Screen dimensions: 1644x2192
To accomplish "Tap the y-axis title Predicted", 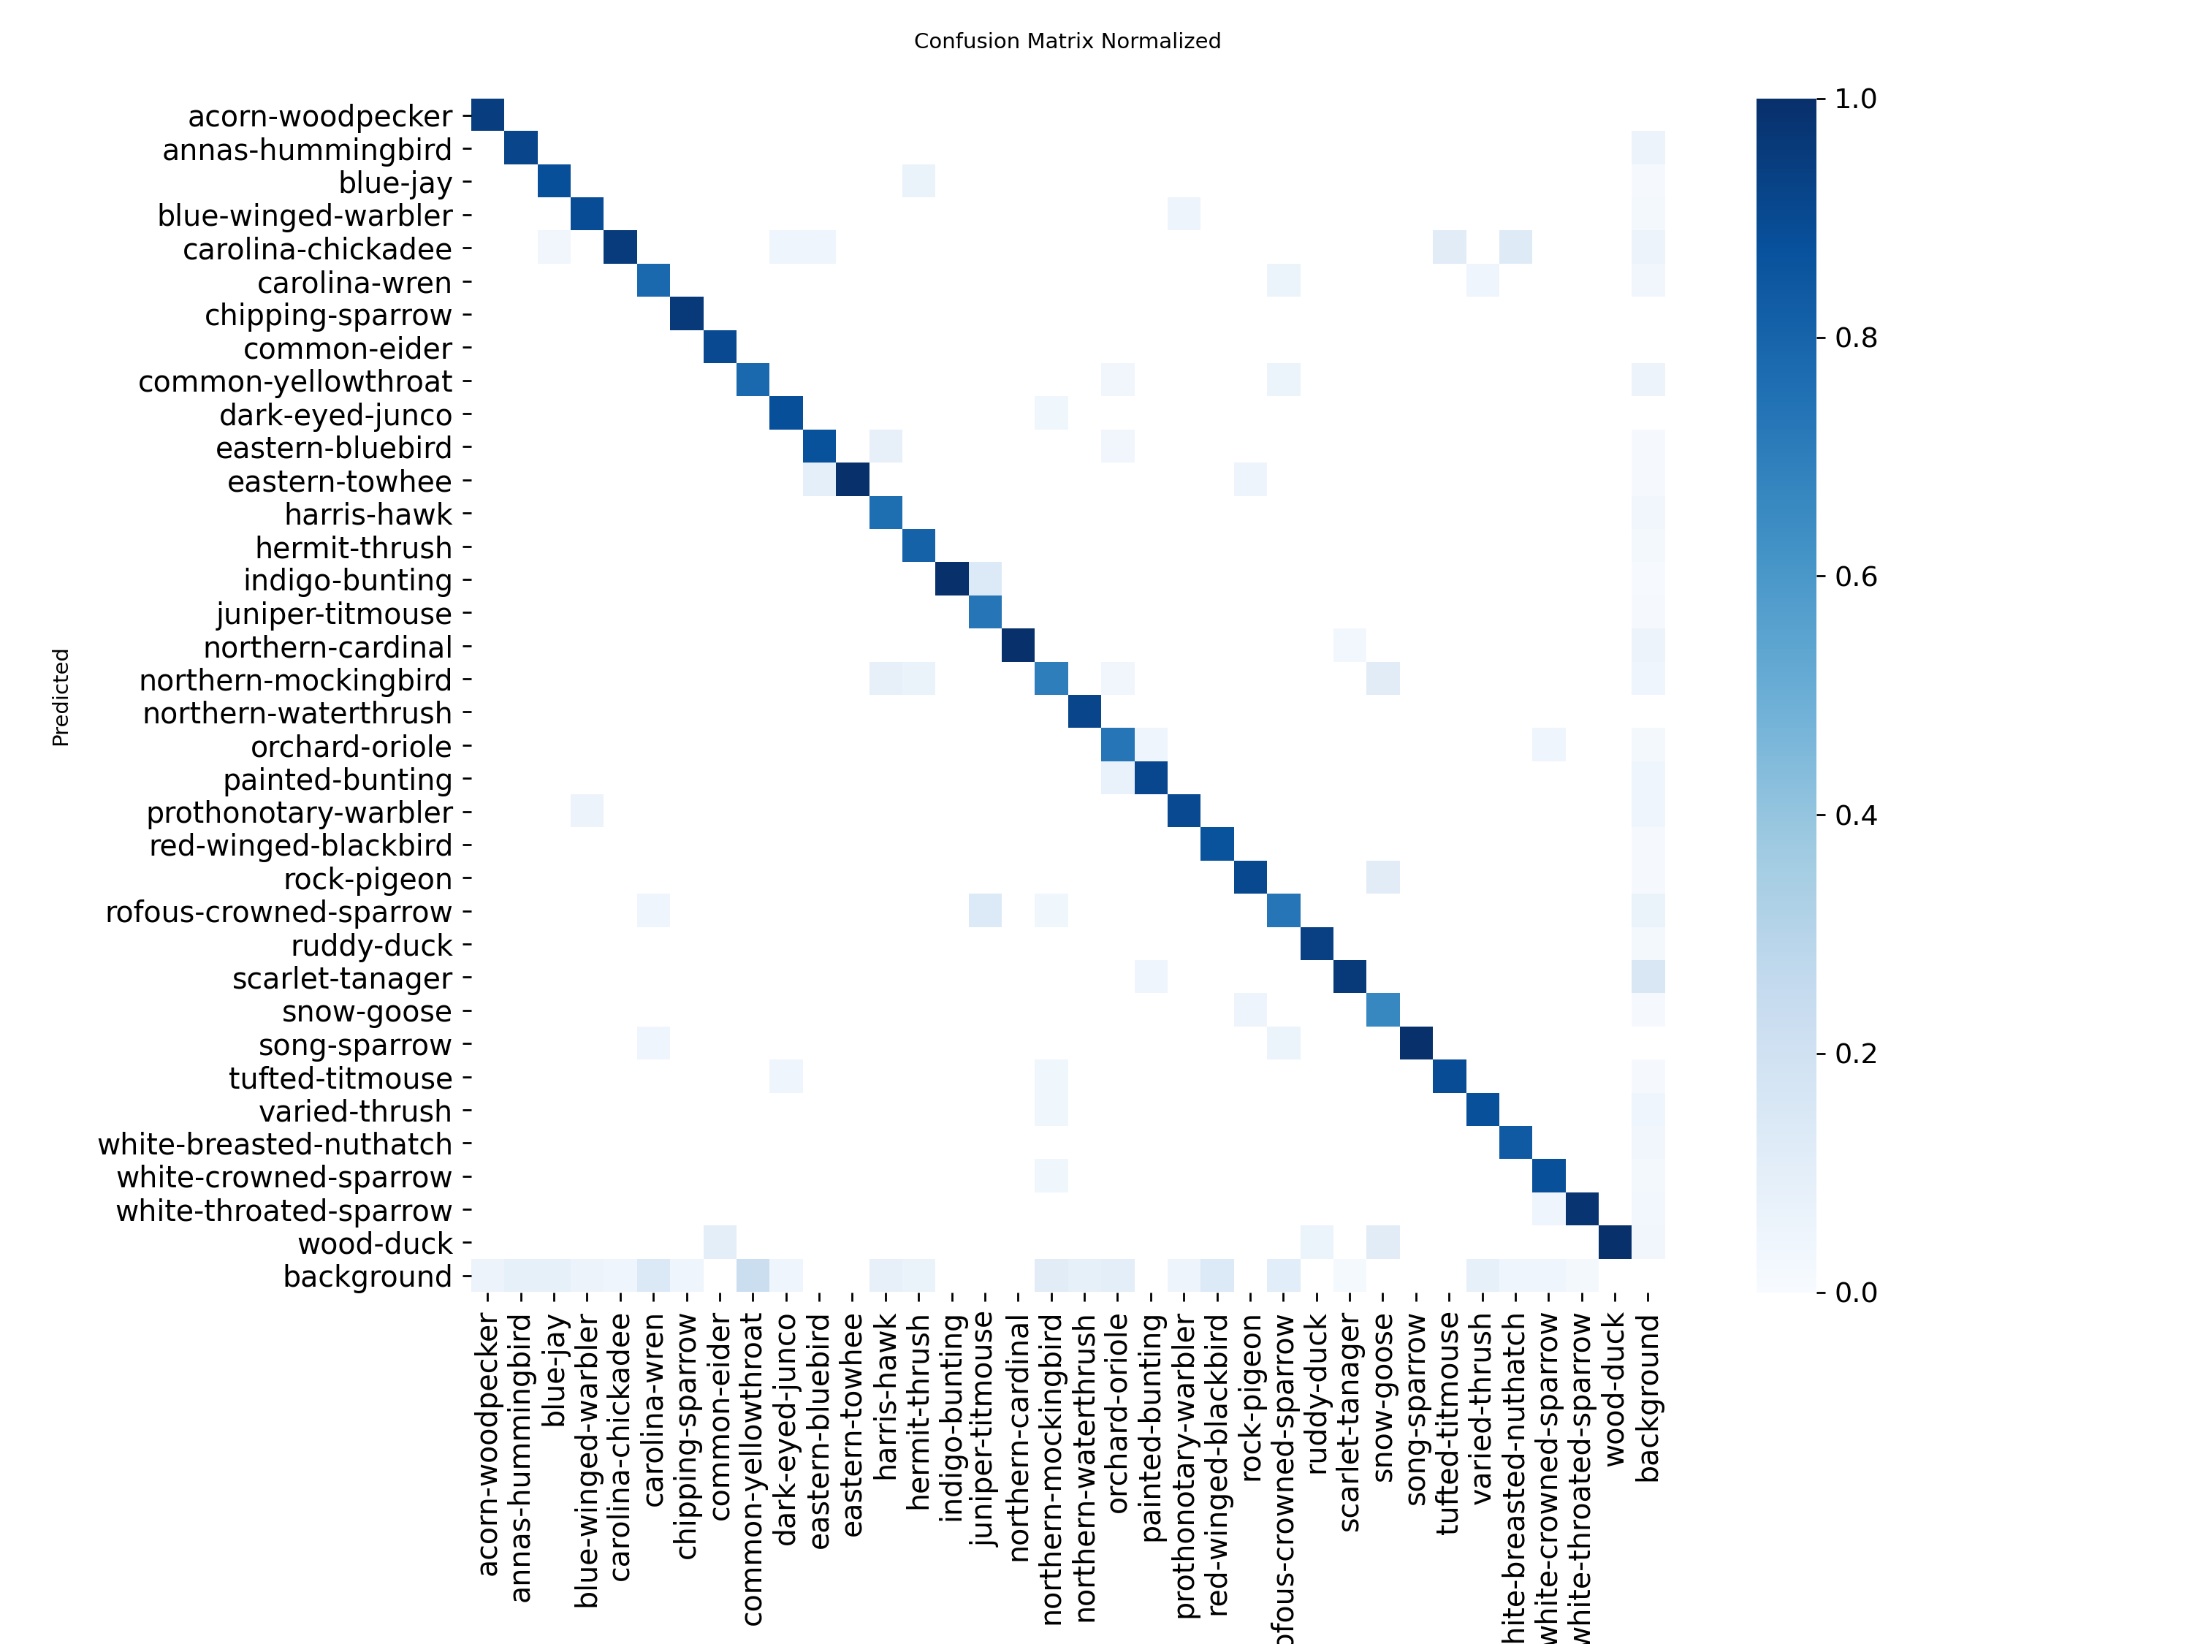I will coord(61,696).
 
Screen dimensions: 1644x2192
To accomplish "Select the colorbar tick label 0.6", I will coord(1855,576).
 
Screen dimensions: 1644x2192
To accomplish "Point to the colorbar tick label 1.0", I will coord(1855,99).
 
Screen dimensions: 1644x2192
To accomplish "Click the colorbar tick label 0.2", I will coord(1855,1054).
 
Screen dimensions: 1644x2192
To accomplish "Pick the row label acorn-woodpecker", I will coord(319,116).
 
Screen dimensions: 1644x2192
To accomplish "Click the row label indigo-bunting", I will coord(347,581).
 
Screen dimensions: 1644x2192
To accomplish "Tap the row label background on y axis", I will coord(367,1276).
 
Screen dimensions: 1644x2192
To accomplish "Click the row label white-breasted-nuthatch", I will coord(275,1144).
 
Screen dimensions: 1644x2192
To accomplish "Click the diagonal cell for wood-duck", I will coord(1616,1243).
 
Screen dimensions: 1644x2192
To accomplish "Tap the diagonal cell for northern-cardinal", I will coord(1018,646).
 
